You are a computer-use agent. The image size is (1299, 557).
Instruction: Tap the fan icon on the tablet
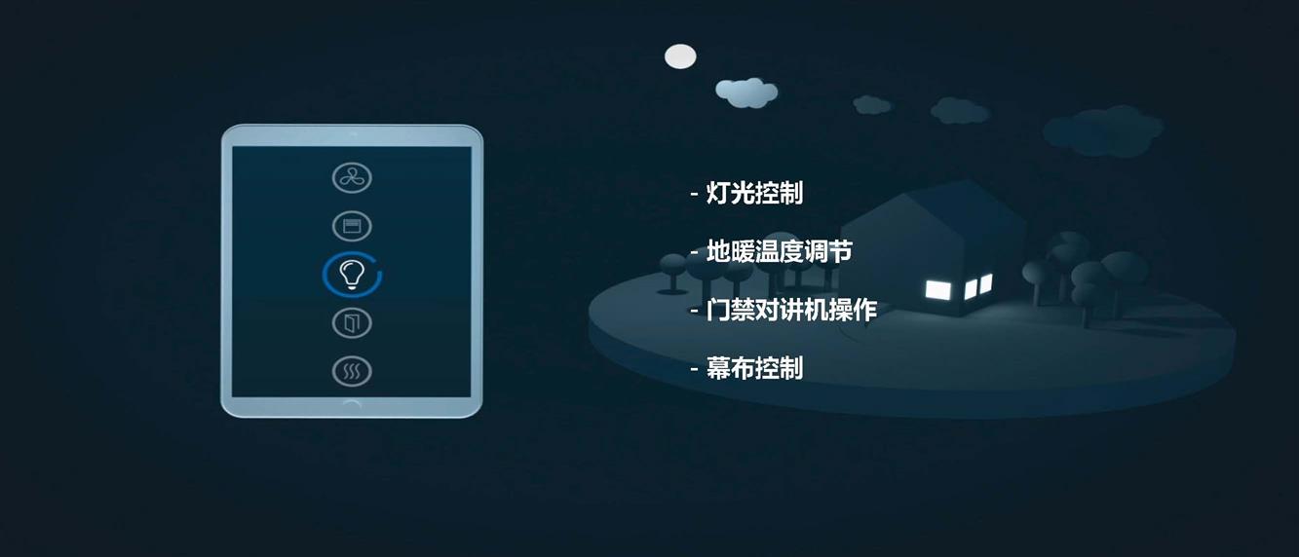[x=352, y=177]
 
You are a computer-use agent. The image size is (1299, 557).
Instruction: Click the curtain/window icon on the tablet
[x=352, y=226]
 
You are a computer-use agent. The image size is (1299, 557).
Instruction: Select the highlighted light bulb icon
[x=352, y=275]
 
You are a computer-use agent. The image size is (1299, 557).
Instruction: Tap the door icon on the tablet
[x=352, y=323]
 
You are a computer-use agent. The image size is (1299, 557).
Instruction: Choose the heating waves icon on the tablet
[x=352, y=371]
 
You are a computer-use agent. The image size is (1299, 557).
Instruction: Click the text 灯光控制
[x=754, y=193]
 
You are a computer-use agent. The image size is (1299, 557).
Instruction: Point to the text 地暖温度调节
[x=779, y=251]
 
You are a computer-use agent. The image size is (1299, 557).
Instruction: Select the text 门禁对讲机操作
[x=791, y=310]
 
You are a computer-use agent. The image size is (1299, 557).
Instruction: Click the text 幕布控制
[x=754, y=368]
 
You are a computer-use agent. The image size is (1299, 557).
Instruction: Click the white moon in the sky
[x=680, y=56]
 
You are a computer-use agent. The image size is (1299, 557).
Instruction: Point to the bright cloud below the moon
[x=746, y=93]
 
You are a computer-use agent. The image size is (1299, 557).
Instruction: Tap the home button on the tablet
[x=352, y=404]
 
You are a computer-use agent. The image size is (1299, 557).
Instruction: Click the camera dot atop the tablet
[x=352, y=134]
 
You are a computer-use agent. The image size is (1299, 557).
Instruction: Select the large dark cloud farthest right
[x=1103, y=131]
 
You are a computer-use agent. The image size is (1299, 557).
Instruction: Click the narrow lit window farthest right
[x=985, y=284]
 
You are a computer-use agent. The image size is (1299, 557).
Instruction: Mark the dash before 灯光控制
[x=694, y=194]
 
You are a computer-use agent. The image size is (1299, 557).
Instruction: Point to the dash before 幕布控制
[x=694, y=369]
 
